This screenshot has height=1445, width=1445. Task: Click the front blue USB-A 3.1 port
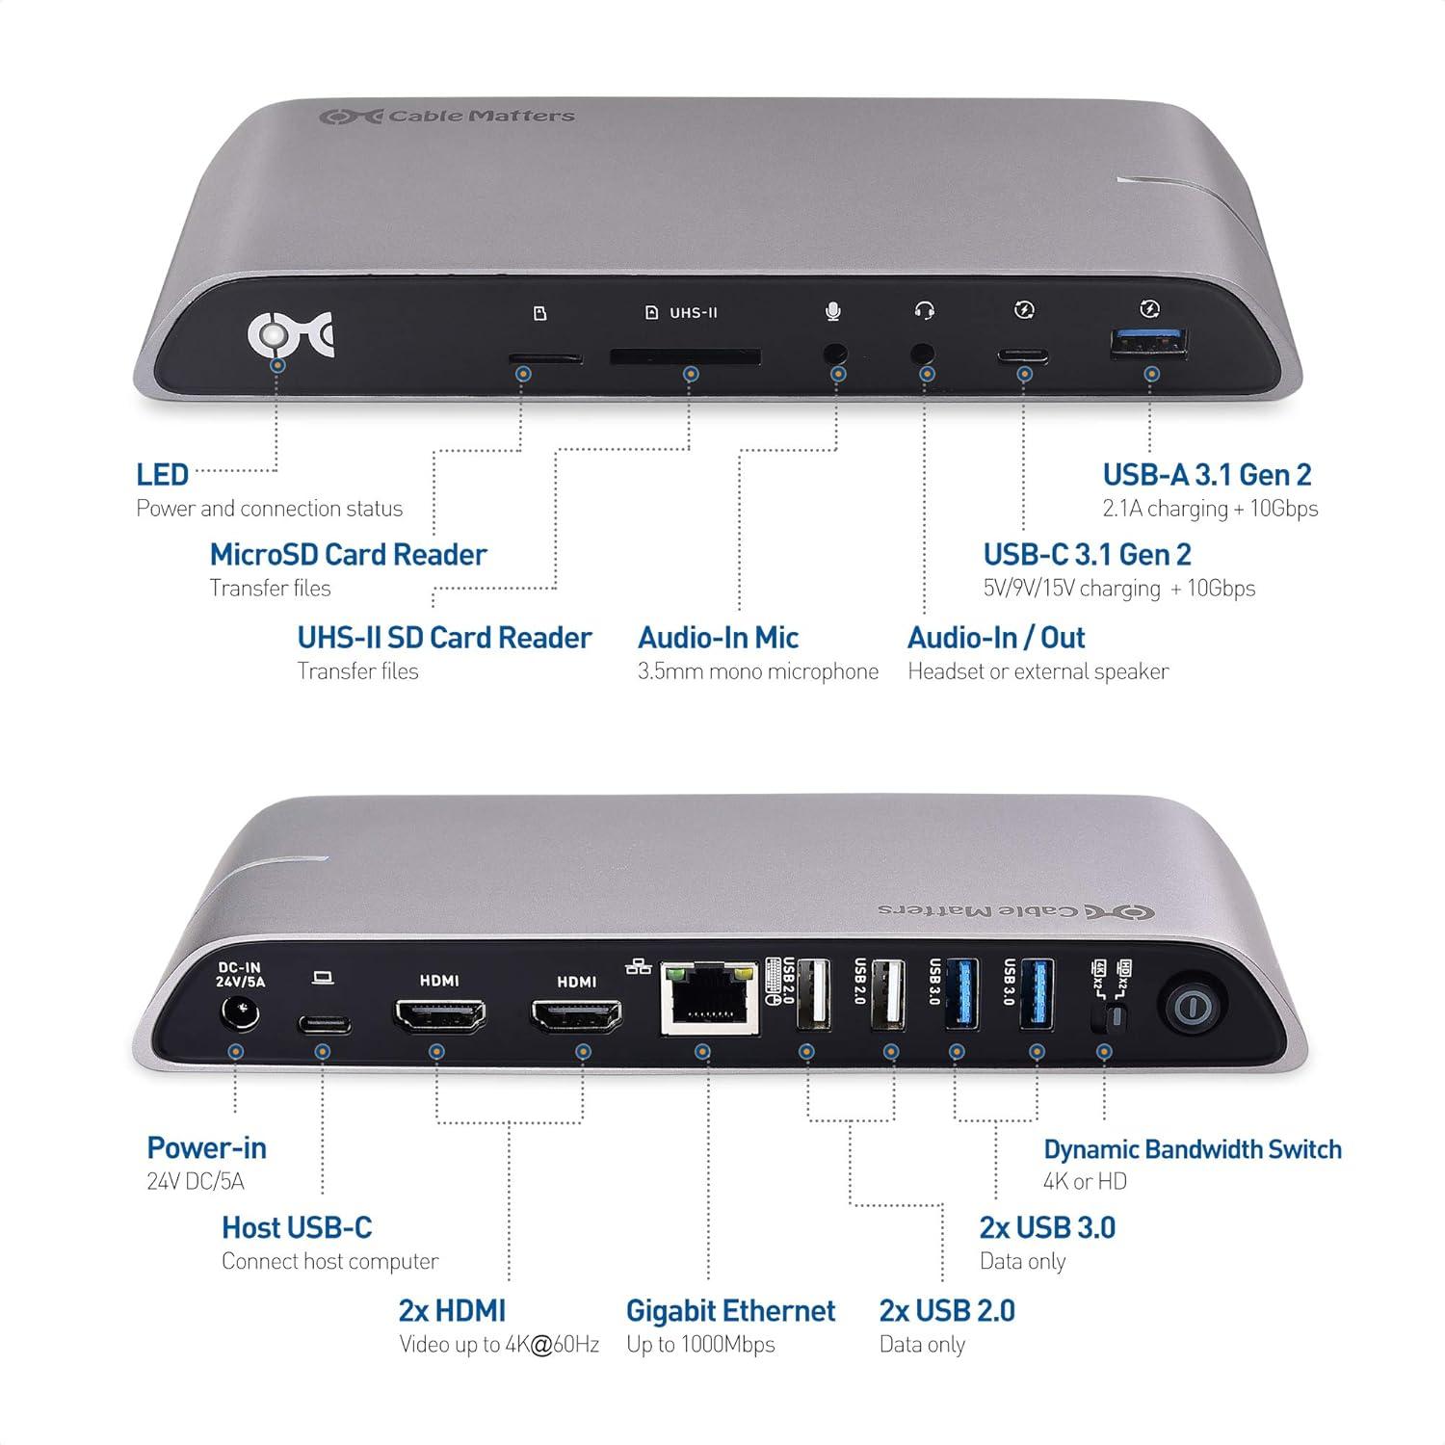point(1149,344)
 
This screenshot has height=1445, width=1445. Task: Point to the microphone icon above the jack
point(833,311)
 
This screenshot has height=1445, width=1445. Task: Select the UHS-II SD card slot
point(685,357)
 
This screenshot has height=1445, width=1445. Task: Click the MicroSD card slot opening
point(545,358)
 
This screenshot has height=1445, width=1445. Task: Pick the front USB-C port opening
point(1023,354)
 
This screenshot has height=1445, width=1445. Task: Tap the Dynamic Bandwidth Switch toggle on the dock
point(1116,1017)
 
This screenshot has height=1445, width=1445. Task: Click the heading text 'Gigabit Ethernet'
point(730,1311)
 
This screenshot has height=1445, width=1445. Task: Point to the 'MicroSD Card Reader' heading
point(348,555)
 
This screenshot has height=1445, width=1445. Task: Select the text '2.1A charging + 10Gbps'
point(1210,509)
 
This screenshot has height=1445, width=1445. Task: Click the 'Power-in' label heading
point(206,1148)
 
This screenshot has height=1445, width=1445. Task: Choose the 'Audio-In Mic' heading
point(718,638)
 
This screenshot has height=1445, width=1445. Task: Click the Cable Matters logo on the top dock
point(447,117)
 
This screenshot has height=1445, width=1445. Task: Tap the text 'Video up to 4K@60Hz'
point(499,1345)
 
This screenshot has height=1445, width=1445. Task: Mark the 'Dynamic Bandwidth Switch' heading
point(1192,1149)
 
